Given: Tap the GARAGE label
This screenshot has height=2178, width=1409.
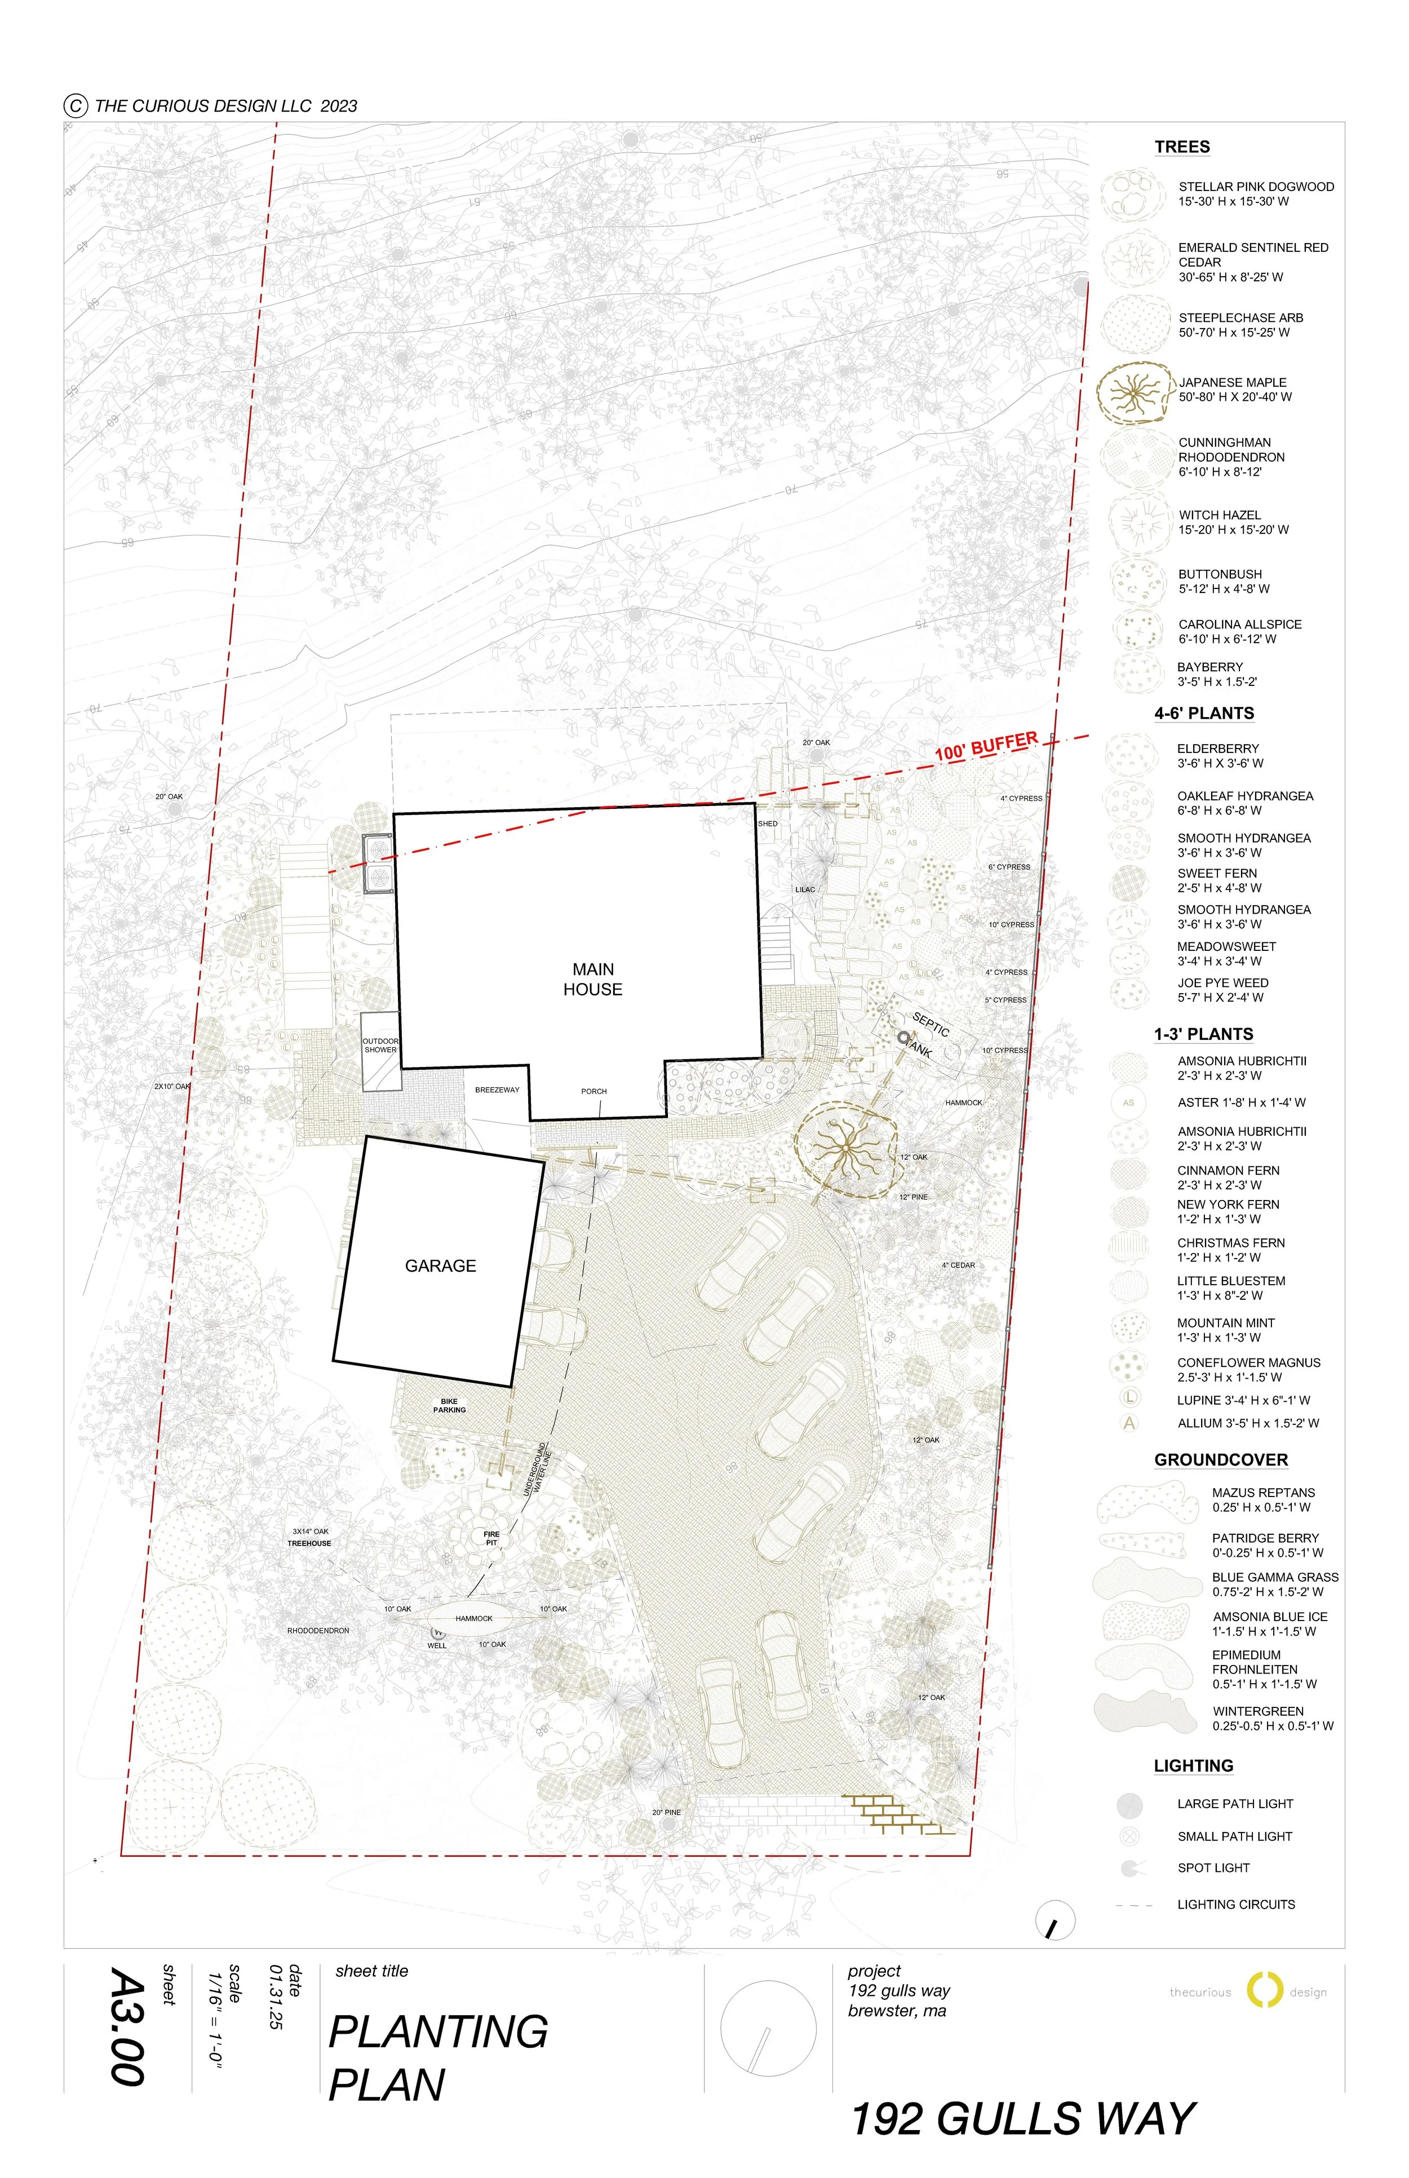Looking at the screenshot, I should click(x=440, y=1265).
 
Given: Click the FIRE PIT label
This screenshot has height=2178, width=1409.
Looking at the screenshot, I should click(x=491, y=1538).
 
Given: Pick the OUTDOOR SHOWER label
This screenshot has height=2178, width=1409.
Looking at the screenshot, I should click(x=380, y=1045).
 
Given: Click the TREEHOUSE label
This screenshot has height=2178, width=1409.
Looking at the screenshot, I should click(x=309, y=1543).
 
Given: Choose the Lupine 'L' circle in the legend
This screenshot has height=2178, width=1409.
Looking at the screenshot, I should click(x=1130, y=1397).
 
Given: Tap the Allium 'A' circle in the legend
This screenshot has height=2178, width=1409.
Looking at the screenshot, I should click(x=1130, y=1423).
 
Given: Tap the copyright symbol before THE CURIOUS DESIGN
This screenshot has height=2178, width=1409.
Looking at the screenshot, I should click(x=75, y=105).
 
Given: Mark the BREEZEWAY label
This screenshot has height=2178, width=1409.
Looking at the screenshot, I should click(x=497, y=1090).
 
